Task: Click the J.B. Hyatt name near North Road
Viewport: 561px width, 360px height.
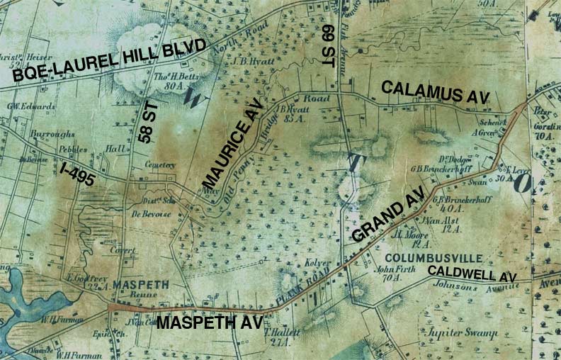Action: point(247,61)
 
